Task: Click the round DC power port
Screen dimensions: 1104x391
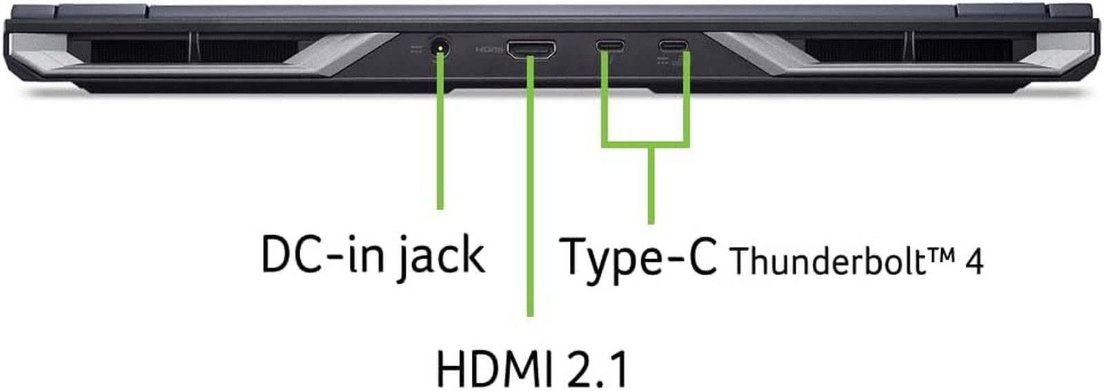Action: coord(440,49)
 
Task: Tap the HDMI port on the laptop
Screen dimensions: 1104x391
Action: coord(531,49)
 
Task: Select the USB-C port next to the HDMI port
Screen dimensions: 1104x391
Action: coord(610,46)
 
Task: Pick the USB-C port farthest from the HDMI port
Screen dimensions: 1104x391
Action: coord(673,46)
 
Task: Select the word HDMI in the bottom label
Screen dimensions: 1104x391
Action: coord(496,370)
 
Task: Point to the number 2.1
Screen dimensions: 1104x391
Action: coord(598,370)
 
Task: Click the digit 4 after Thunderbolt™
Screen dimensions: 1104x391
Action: coord(974,261)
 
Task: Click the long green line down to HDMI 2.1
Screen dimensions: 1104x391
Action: coord(531,186)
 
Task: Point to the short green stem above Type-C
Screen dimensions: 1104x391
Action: coord(651,186)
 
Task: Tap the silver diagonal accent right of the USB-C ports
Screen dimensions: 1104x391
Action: coord(762,54)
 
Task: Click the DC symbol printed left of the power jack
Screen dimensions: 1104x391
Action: coord(417,50)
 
